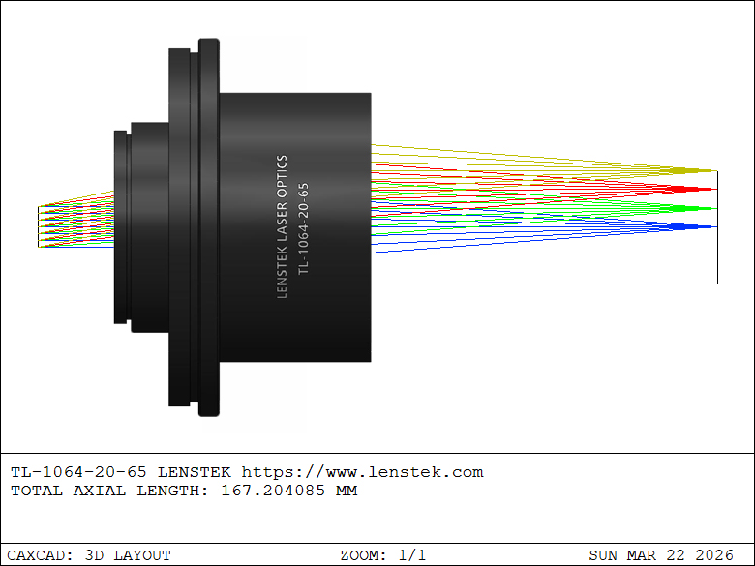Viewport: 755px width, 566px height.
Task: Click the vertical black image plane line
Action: [x=717, y=227]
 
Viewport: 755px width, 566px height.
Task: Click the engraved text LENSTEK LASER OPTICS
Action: [x=283, y=226]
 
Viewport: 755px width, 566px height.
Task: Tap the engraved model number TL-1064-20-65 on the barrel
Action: [x=303, y=228]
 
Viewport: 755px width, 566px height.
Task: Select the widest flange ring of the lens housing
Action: [x=209, y=227]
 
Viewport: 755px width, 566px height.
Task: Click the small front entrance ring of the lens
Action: [x=121, y=227]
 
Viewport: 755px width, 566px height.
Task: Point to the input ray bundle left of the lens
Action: [x=76, y=223]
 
